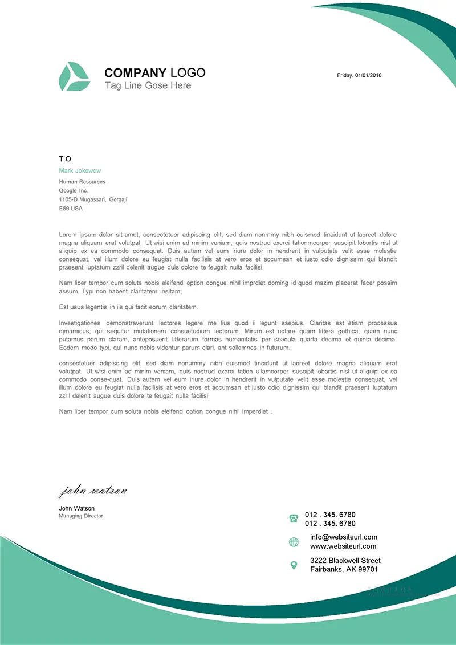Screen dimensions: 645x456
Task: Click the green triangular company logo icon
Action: [74, 77]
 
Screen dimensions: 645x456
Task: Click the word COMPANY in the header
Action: [135, 73]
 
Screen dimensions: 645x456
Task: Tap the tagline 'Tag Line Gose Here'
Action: [148, 85]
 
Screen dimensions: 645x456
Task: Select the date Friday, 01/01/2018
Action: [359, 75]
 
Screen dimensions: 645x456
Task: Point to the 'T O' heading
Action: [65, 159]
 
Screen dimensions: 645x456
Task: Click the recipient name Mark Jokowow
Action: [80, 170]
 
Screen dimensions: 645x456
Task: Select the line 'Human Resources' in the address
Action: [82, 182]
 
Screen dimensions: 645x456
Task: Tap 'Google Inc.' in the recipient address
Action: [74, 190]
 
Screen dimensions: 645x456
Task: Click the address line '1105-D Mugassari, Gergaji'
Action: [93, 199]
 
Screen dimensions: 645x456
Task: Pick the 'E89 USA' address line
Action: [71, 209]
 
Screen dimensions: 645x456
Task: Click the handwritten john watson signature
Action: [92, 491]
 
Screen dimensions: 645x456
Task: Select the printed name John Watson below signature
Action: [76, 508]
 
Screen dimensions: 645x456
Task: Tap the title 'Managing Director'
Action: [81, 516]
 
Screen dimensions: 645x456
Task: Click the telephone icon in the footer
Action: [294, 519]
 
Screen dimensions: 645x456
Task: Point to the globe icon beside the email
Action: [294, 542]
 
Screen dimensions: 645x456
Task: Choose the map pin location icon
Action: [294, 565]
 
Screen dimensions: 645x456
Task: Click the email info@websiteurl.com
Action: [343, 537]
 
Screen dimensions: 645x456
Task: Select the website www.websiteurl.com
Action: [343, 546]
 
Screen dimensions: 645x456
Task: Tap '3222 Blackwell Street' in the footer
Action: [345, 560]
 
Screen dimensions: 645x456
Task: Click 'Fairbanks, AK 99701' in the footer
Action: [344, 569]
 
